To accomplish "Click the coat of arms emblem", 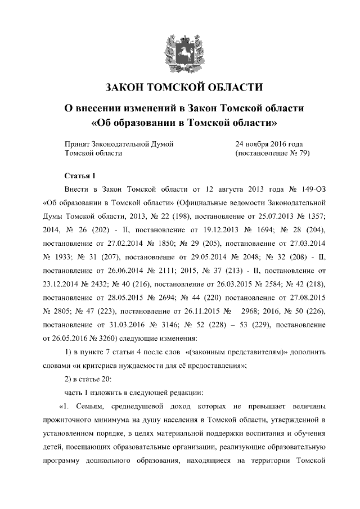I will coord(179,49).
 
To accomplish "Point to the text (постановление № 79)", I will coord(273,153).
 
